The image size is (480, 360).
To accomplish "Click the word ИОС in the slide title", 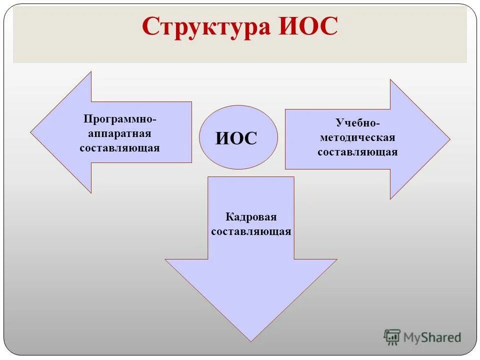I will point(306,27).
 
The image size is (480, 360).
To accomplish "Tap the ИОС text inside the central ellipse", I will point(236,138).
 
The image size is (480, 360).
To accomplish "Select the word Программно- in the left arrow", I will point(120,120).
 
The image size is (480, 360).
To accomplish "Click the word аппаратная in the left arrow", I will point(119,134).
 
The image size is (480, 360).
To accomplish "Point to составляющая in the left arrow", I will point(119,148).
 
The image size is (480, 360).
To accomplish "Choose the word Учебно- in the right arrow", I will point(357,123).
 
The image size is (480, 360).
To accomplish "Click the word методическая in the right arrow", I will point(357,137).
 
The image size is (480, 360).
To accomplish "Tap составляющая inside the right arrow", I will point(357,152).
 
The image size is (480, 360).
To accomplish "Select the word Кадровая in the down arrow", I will point(251,217).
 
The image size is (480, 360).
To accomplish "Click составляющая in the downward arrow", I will point(251,231).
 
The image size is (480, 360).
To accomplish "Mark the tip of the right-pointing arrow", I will point(449,139).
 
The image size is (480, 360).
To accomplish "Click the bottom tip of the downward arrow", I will point(251,340).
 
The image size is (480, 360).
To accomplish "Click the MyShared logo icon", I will point(392,337).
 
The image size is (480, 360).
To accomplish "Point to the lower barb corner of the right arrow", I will point(390,198).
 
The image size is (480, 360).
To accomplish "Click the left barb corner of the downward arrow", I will point(166,259).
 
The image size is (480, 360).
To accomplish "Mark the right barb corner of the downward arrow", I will point(336,259).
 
